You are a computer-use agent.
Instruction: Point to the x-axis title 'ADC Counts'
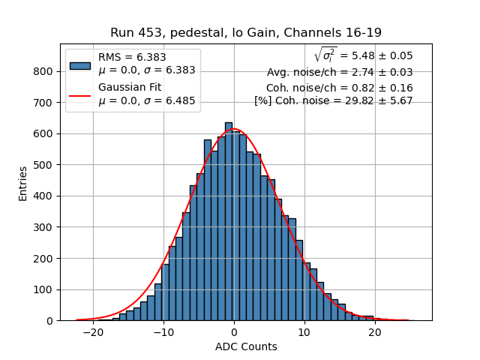(246, 346)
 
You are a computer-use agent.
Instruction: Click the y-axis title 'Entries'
(23, 183)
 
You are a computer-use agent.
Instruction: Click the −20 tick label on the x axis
(93, 332)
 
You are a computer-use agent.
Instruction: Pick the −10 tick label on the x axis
(163, 332)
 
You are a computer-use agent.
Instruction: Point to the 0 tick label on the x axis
(234, 332)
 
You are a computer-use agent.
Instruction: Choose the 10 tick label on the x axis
(304, 332)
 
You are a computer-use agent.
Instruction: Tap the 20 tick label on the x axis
(375, 332)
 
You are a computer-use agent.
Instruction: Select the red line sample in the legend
(80, 95)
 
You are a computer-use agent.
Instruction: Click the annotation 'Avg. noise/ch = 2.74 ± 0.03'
(340, 73)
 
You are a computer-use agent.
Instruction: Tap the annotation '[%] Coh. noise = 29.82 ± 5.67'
(334, 100)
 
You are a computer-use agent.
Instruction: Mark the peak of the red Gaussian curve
(234, 129)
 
